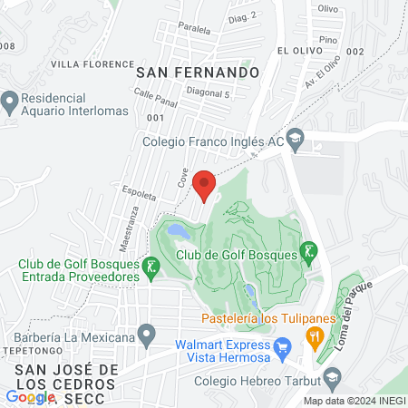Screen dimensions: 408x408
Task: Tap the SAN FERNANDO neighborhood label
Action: (x=198, y=71)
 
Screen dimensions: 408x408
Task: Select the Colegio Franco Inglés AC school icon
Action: (x=295, y=141)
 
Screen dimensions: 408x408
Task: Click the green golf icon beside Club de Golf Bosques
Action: (x=309, y=251)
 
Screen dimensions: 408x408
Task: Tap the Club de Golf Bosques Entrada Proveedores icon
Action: (x=152, y=267)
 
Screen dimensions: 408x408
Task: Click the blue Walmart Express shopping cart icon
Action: (x=282, y=344)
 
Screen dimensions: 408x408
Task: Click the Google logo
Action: (x=29, y=396)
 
